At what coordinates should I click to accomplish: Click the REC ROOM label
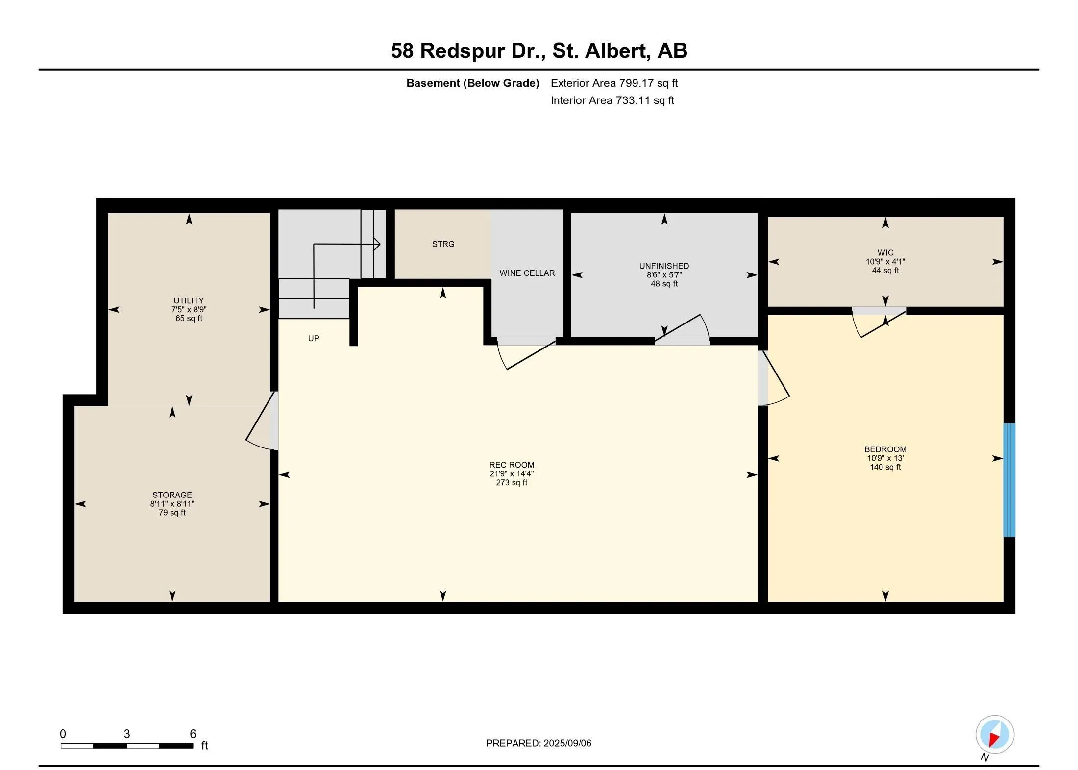pyautogui.click(x=512, y=465)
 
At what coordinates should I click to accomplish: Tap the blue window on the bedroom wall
pyautogui.click(x=1009, y=480)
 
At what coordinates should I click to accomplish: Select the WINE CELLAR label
pyautogui.click(x=527, y=273)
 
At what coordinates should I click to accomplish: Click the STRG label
pyautogui.click(x=443, y=244)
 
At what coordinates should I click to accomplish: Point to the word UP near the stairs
pyautogui.click(x=314, y=338)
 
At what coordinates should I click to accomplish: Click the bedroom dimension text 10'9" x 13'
pyautogui.click(x=885, y=458)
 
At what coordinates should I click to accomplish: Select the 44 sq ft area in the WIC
pyautogui.click(x=885, y=271)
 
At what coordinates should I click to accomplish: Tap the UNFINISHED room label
pyautogui.click(x=664, y=266)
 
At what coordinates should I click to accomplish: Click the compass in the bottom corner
pyautogui.click(x=994, y=735)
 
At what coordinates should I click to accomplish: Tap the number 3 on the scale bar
pyautogui.click(x=127, y=734)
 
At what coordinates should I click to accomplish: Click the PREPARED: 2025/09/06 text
pyautogui.click(x=539, y=743)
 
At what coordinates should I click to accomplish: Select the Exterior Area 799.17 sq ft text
pyautogui.click(x=614, y=83)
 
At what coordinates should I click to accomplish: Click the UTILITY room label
pyautogui.click(x=189, y=300)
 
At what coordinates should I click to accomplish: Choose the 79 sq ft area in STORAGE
pyautogui.click(x=172, y=513)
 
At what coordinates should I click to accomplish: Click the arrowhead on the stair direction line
pyautogui.click(x=377, y=244)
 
